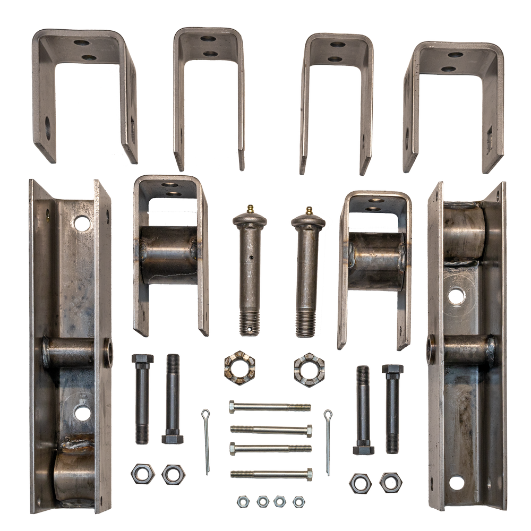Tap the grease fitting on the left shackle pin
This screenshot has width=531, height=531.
pos(249,209)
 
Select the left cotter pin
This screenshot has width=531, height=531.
pos(205,441)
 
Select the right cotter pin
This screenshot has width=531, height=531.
pos(329,441)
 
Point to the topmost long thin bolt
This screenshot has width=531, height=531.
pos(270,407)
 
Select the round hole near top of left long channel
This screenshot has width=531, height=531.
pos(82,222)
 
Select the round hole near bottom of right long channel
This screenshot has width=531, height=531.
pos(456,483)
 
